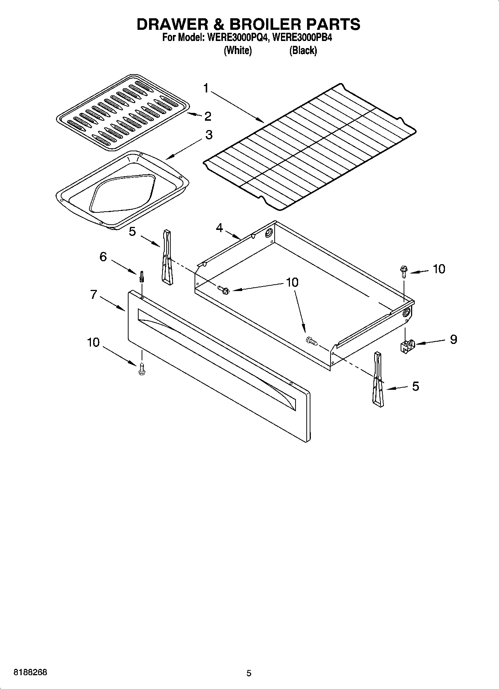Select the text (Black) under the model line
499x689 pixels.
tap(303, 51)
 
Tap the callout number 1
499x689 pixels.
tap(206, 88)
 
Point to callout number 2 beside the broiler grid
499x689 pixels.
tap(208, 116)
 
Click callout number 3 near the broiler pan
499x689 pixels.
tap(209, 135)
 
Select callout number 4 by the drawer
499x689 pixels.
tap(219, 227)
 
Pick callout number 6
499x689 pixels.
tap(103, 256)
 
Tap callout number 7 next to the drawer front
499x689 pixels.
tap(94, 295)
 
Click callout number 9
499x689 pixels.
tap(453, 339)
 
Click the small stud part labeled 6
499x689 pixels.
tap(142, 277)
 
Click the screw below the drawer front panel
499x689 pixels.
tap(141, 369)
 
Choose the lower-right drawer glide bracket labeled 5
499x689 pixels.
tap(378, 379)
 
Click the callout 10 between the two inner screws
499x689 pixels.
tap(293, 282)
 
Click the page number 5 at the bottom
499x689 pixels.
tap(249, 673)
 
